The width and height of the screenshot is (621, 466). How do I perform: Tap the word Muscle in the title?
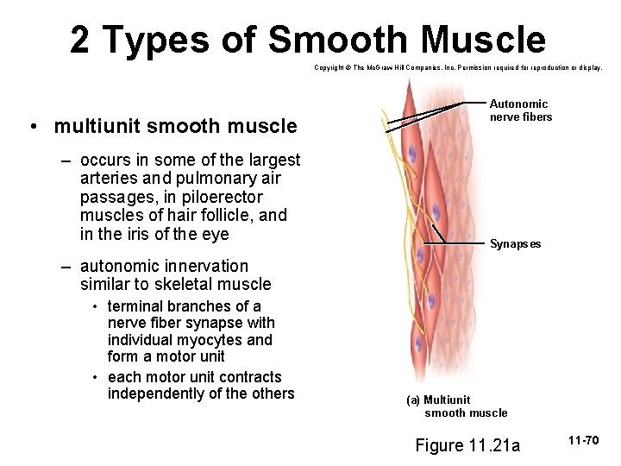click(483, 41)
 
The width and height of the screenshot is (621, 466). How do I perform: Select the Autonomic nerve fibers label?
click(520, 110)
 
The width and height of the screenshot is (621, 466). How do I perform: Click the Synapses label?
click(515, 244)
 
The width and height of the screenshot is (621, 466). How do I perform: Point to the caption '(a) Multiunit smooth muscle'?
click(457, 406)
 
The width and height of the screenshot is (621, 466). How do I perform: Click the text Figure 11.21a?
click(467, 445)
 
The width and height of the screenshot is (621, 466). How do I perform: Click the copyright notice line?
click(458, 66)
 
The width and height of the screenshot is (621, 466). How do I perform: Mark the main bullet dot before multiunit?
click(31, 127)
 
